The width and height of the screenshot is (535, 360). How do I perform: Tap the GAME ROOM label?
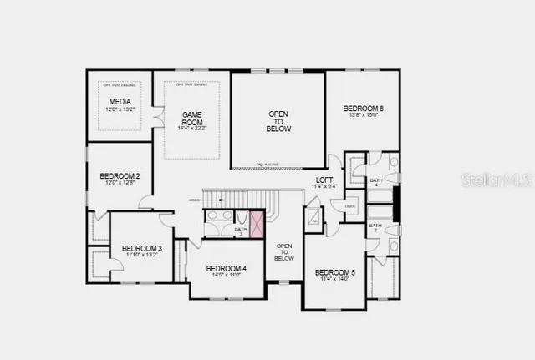[192, 118]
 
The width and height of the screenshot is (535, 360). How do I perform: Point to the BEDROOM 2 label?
[120, 175]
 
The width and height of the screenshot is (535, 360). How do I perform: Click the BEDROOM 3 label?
[141, 248]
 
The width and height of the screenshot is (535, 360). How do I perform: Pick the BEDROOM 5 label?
[335, 272]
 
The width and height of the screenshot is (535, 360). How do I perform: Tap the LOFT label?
[324, 180]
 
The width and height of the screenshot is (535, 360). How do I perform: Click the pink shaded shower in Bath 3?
[256, 224]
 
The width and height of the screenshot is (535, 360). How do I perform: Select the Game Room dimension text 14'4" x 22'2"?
[192, 127]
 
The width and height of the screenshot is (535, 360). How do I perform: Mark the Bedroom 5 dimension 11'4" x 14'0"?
[335, 279]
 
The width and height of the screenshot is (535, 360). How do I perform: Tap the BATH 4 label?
[376, 181]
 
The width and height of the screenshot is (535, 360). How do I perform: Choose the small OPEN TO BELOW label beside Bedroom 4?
[284, 251]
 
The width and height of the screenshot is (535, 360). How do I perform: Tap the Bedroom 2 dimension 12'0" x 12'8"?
[120, 182]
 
